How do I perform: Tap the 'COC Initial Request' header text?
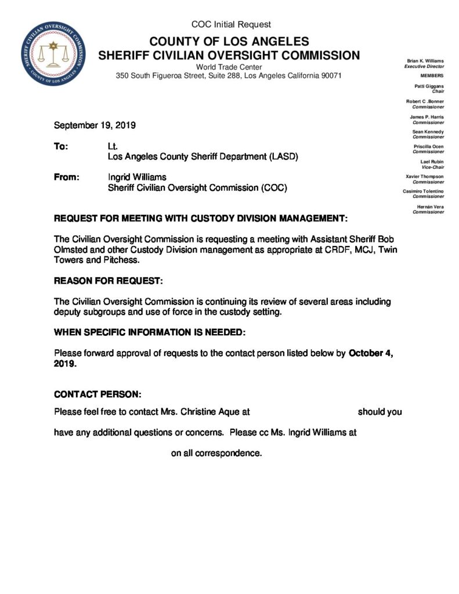tap(231, 24)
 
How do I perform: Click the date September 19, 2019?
tap(95, 125)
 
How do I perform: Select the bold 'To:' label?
tap(61, 147)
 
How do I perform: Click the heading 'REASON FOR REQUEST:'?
tap(109, 281)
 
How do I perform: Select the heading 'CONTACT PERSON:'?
tap(97, 394)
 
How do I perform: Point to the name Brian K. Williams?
tap(426, 61)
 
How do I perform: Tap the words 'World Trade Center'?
tap(229, 67)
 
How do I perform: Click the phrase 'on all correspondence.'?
tap(216, 453)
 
